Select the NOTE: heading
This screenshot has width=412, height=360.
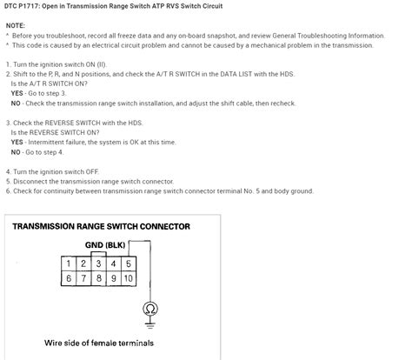17,26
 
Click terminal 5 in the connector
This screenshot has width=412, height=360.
128,262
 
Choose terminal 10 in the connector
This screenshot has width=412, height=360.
128,277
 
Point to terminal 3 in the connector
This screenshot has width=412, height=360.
98,262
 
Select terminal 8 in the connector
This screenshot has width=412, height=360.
98,277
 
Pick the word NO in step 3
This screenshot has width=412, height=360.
17,150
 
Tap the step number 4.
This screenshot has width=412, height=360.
8,171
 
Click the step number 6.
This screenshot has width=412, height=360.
8,190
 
